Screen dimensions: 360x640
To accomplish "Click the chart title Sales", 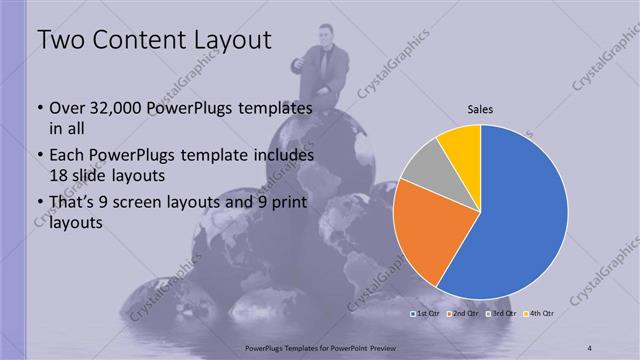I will (x=480, y=110).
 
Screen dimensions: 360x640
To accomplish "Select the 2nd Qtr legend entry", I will (x=463, y=314).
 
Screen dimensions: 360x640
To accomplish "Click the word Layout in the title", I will (x=229, y=41).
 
